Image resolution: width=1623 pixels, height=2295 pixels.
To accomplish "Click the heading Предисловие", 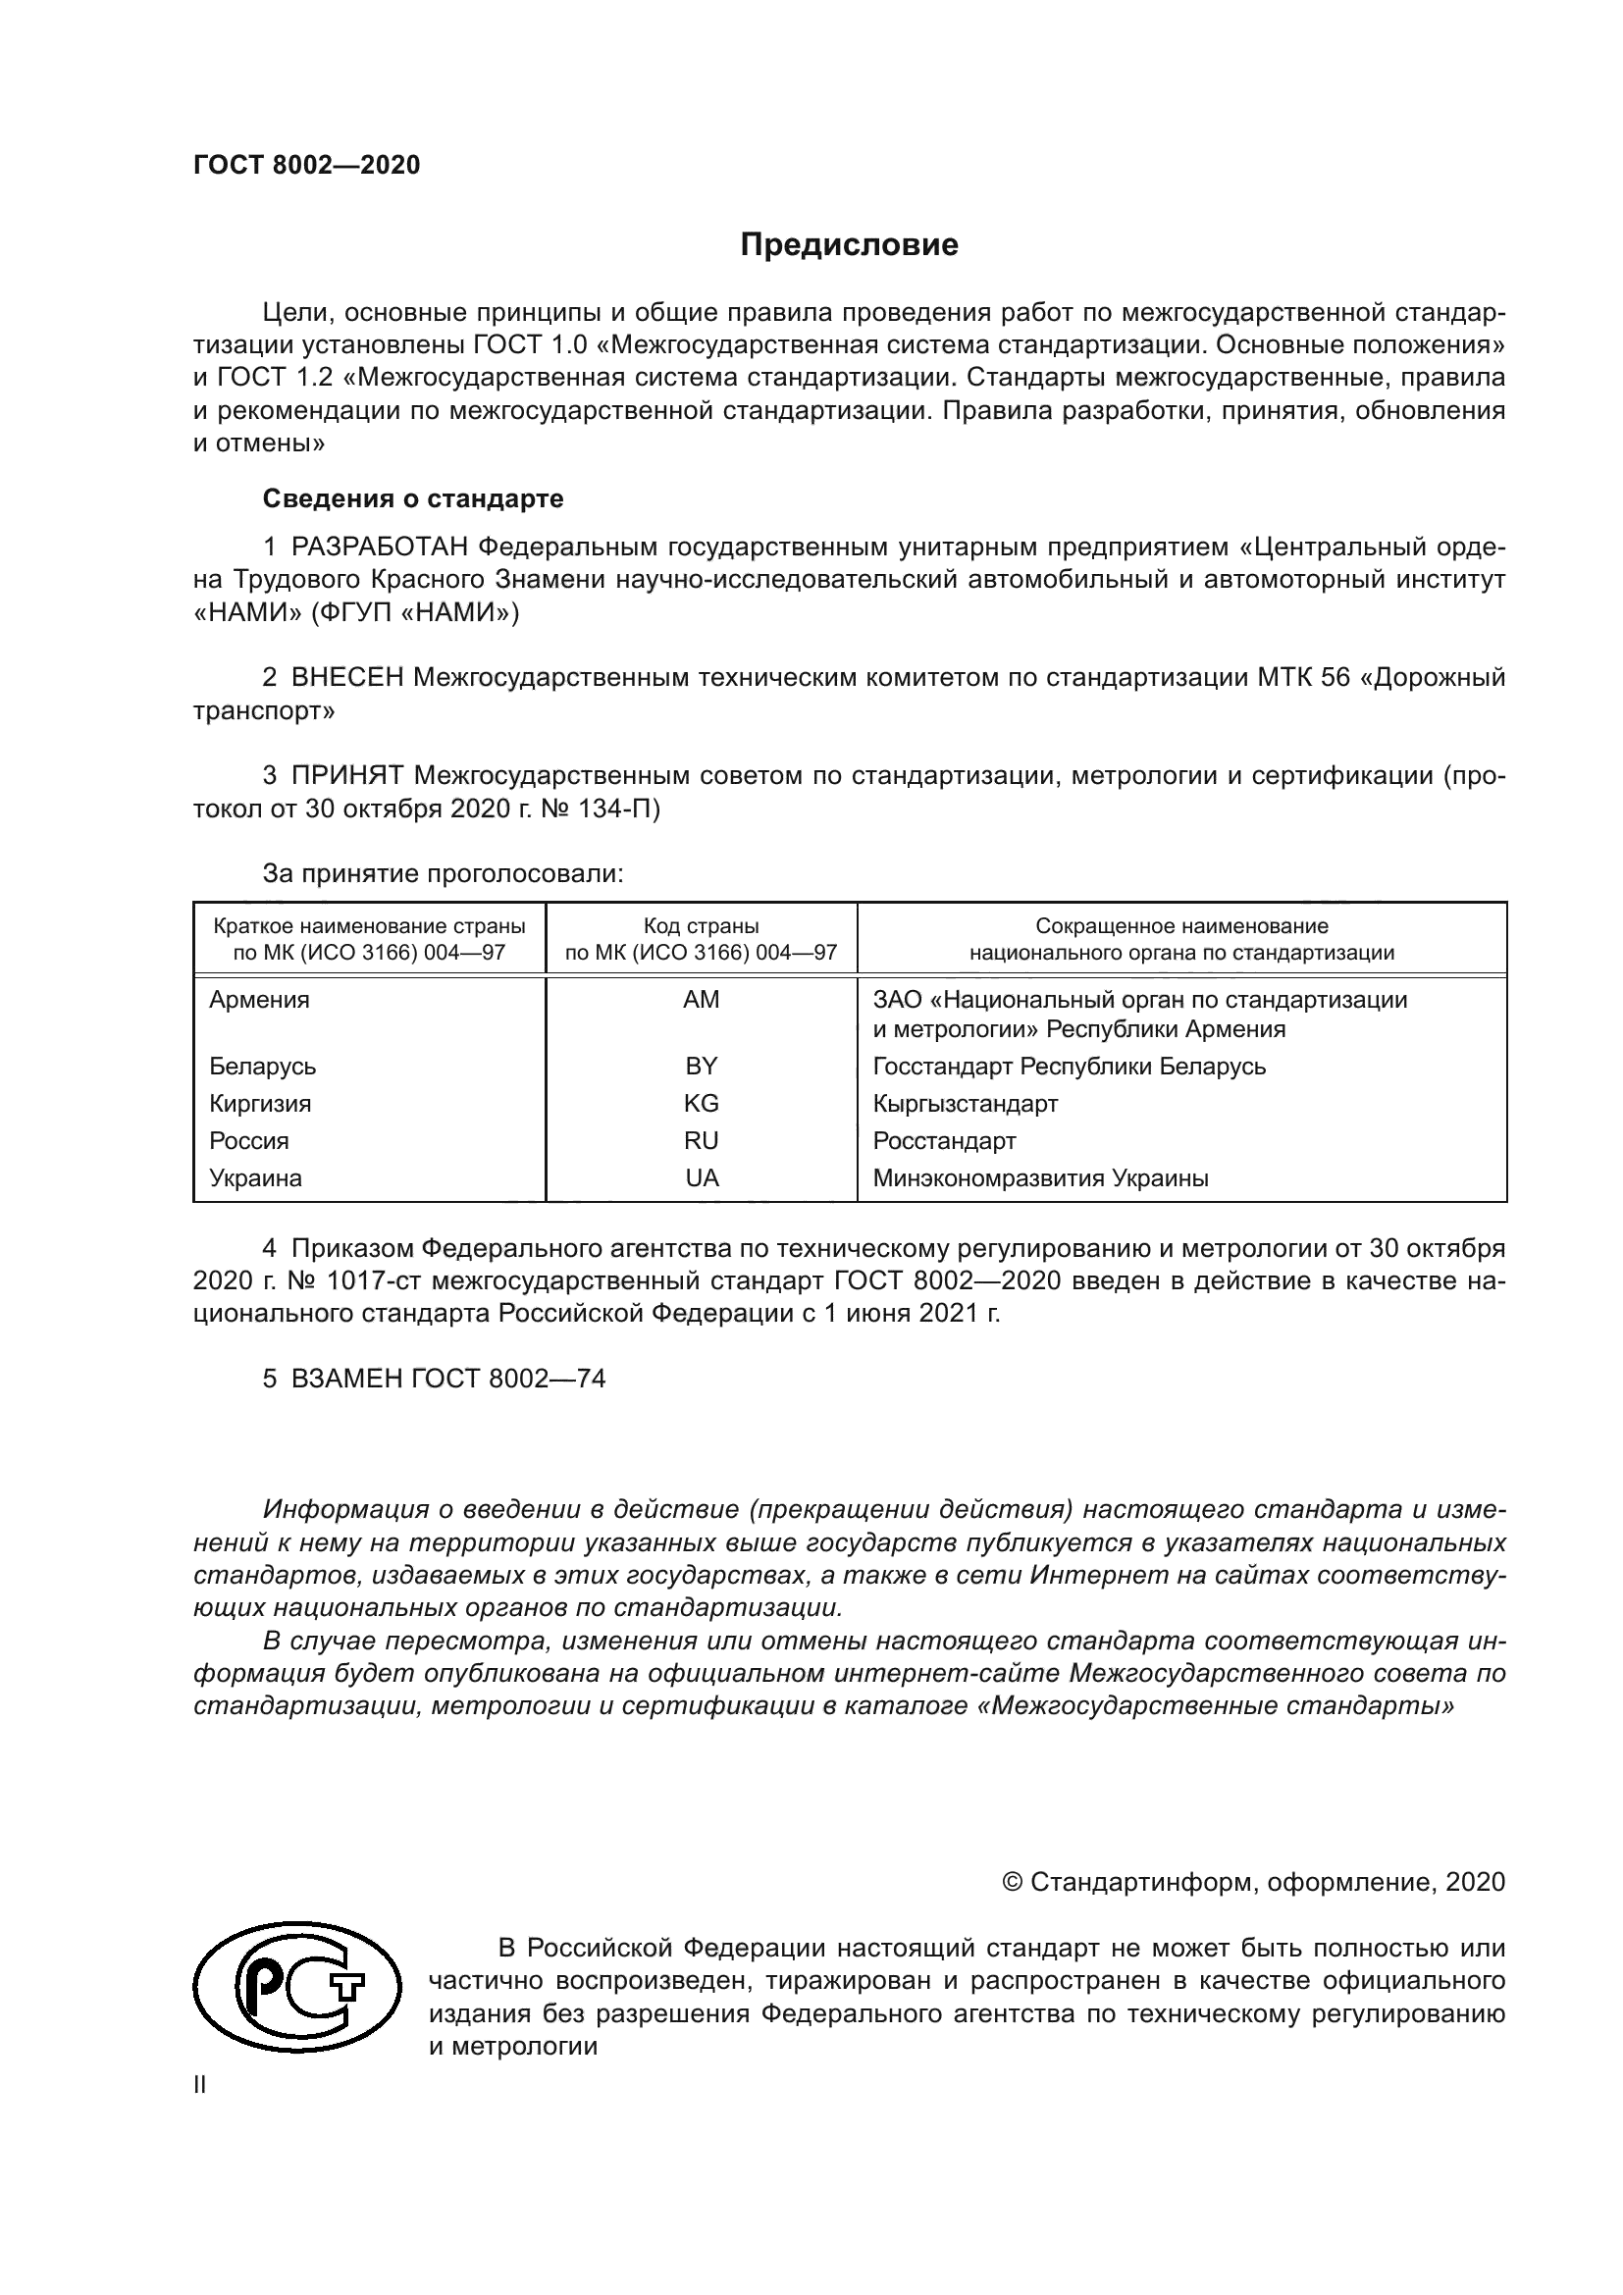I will pyautogui.click(x=849, y=245).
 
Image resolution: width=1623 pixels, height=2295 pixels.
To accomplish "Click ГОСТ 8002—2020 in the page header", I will pyautogui.click(x=307, y=165).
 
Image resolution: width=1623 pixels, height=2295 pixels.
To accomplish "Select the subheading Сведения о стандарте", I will pyautogui.click(x=413, y=497).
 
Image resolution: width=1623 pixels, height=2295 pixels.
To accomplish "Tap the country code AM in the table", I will pyautogui.click(x=701, y=1000).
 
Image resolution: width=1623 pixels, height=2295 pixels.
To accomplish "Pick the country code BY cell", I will pyautogui.click(x=701, y=1066).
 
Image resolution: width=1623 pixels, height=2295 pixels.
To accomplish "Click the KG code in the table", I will pyautogui.click(x=701, y=1104).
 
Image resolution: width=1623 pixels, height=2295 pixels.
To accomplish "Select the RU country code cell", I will pyautogui.click(x=701, y=1140).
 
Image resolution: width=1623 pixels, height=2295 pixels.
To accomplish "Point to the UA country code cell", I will pyautogui.click(x=702, y=1177).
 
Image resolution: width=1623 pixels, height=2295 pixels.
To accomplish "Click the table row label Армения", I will pyautogui.click(x=259, y=1000).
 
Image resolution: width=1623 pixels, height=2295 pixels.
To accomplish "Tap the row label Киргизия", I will pyautogui.click(x=260, y=1104).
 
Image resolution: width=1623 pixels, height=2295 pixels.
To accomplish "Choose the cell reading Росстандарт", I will pyautogui.click(x=943, y=1140).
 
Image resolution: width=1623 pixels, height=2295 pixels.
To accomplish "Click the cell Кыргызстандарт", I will pyautogui.click(x=965, y=1104).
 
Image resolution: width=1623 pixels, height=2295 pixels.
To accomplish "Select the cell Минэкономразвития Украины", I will pyautogui.click(x=1040, y=1177).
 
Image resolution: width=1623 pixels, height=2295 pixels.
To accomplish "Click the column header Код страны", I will pyautogui.click(x=701, y=926).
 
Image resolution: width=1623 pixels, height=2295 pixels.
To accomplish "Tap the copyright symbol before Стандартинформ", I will pyautogui.click(x=1012, y=1883).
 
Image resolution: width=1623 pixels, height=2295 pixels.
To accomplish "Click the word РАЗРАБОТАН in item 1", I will pyautogui.click(x=380, y=547).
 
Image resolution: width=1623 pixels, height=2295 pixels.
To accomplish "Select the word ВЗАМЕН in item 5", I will pyautogui.click(x=346, y=1379).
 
